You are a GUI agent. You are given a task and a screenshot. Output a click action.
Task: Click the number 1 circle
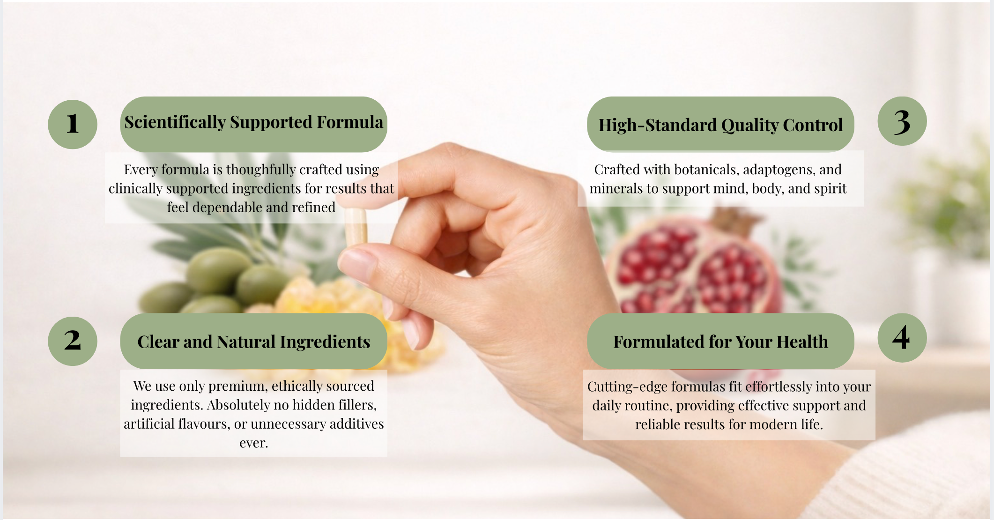tap(73, 125)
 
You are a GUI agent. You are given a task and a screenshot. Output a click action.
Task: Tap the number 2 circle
tap(73, 341)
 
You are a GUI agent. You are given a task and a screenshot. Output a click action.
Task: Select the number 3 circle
tap(902, 121)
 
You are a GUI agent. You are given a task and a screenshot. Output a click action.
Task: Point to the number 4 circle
tap(902, 338)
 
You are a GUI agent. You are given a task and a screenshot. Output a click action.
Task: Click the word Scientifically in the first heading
tap(175, 122)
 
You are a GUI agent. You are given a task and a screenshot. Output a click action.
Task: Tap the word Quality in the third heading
tap(749, 126)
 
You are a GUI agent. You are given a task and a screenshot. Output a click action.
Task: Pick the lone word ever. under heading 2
tap(253, 443)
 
